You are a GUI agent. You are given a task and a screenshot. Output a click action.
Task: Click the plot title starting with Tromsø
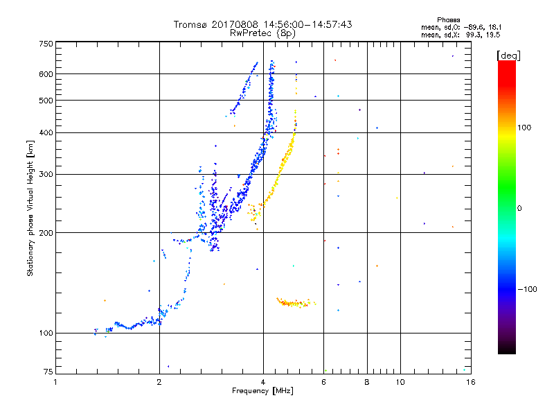coord(263,24)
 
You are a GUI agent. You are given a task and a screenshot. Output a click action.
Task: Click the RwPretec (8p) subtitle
coord(263,33)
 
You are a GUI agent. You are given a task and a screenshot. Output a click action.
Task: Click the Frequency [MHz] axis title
coord(263,391)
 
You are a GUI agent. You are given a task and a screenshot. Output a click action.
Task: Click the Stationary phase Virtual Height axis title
coord(30,208)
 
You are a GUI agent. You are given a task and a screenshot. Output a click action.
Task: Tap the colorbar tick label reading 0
coord(519,208)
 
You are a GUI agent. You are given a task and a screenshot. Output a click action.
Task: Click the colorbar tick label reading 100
coord(525,128)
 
